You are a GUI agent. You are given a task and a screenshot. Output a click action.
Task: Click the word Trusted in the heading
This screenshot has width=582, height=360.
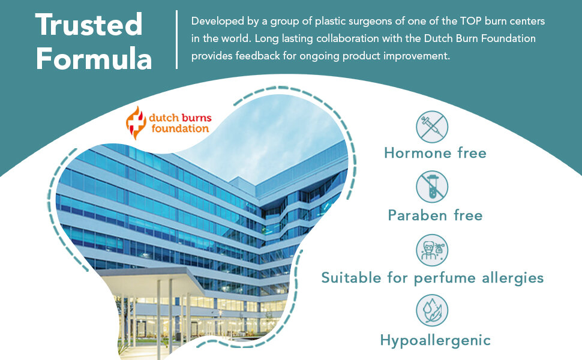(x=89, y=25)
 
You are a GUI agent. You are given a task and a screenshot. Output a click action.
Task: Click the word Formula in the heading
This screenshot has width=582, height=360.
(x=94, y=59)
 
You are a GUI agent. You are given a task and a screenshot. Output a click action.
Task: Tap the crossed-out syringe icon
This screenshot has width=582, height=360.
(x=432, y=127)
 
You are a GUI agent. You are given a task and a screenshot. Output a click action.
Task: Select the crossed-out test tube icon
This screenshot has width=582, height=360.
(x=432, y=187)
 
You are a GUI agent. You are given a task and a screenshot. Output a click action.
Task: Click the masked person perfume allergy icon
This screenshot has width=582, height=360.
(x=432, y=250)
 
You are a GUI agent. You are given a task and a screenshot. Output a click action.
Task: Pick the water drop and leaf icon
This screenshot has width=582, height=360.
(x=432, y=310)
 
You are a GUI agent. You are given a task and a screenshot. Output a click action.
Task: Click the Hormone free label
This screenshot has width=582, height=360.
(x=435, y=153)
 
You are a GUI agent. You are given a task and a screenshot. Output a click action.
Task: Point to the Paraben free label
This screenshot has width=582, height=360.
(x=435, y=215)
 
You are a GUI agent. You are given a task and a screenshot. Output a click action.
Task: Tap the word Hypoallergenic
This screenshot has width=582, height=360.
(x=436, y=341)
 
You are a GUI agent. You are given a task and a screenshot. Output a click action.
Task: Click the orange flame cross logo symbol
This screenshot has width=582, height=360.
(x=136, y=123)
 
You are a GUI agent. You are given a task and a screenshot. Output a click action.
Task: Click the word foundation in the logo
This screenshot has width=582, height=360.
(x=180, y=128)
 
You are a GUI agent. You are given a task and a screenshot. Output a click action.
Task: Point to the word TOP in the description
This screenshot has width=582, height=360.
(x=470, y=21)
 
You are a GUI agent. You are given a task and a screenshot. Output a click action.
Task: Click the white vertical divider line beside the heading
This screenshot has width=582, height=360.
(x=176, y=40)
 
